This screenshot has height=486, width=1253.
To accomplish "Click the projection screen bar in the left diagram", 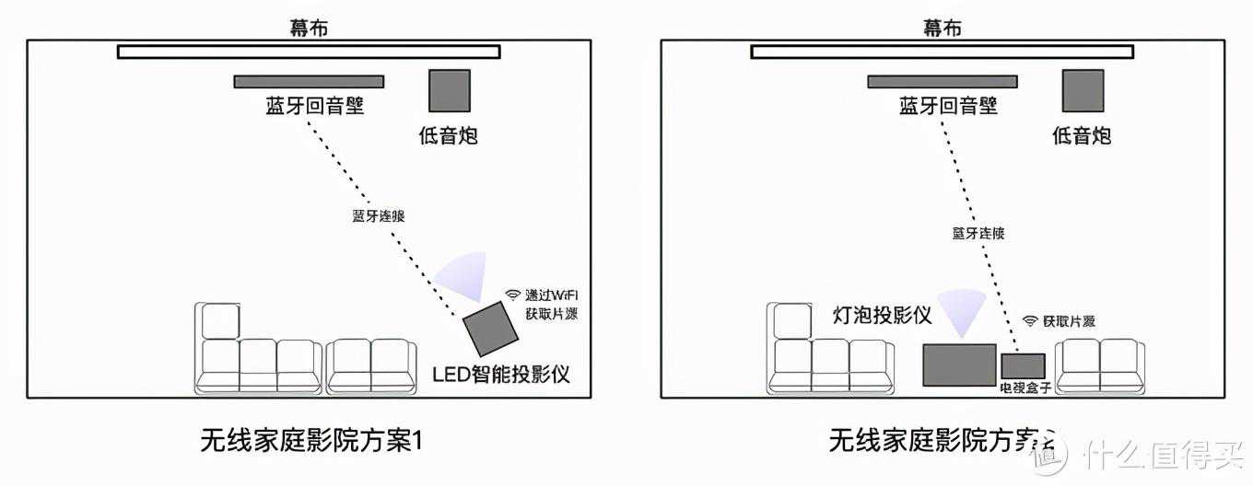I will (309, 52).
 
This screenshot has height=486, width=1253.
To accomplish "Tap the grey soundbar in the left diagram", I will (309, 82).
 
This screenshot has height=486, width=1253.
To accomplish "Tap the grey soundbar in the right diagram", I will (942, 82).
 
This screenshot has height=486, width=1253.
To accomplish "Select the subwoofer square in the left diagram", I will (449, 91).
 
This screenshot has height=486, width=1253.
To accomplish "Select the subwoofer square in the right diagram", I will (1083, 91).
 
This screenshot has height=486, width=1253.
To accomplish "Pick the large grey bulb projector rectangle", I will (959, 364).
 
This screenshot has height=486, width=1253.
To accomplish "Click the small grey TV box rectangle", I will (1024, 365).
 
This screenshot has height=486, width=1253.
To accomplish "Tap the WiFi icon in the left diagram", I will (512, 295).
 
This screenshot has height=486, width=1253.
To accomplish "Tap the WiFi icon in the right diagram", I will (1030, 321).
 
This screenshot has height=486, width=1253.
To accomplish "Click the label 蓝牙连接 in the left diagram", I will (379, 216).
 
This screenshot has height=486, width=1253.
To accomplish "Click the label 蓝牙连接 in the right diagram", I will (978, 233).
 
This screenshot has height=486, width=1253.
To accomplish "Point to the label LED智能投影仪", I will (501, 375).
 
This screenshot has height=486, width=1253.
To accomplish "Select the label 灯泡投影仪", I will (883, 316).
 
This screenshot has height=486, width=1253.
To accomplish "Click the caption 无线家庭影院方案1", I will (310, 441).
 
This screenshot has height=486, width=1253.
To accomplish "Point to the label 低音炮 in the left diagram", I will (448, 136).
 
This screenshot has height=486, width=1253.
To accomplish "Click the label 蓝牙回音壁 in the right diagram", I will (948, 106).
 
